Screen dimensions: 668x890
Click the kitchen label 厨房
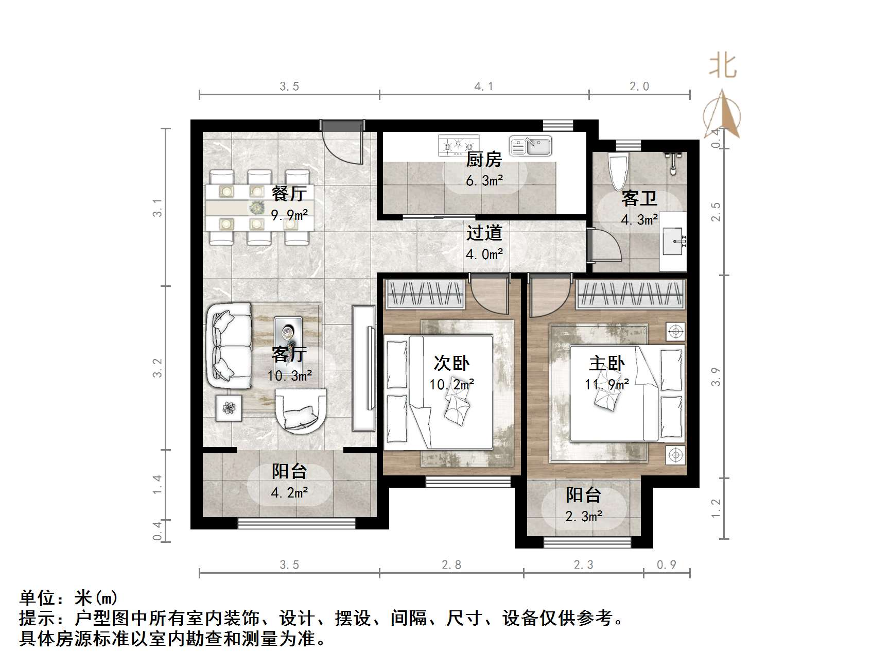tap(483, 160)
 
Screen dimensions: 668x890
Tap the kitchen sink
tap(531, 146)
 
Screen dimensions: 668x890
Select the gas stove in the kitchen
tap(458, 146)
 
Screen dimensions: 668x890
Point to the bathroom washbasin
tap(673, 241)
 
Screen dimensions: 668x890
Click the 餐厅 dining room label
tap(289, 194)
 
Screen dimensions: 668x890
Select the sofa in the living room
tap(230, 346)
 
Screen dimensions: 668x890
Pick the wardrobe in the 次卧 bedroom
tap(425, 294)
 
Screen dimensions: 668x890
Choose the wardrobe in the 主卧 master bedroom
tap(631, 294)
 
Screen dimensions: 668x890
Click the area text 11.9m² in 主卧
tap(606, 385)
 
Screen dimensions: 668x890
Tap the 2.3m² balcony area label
tap(584, 516)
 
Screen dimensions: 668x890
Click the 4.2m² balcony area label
tap(289, 492)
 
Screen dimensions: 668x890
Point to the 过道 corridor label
tap(484, 233)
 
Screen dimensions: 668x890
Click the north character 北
tap(723, 67)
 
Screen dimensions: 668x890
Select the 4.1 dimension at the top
tap(483, 87)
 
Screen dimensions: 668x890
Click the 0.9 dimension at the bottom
tap(666, 565)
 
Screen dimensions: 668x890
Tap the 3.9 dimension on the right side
tap(716, 376)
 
